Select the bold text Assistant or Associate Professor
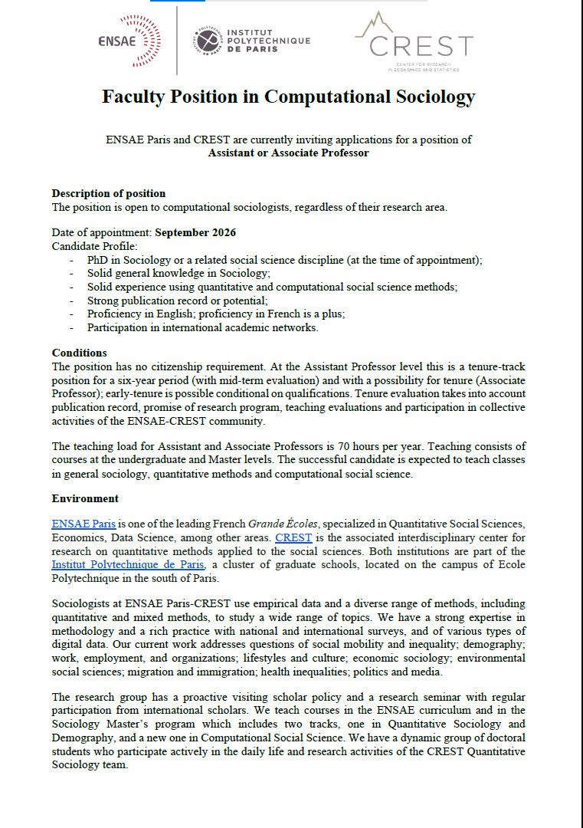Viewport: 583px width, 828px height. (289, 153)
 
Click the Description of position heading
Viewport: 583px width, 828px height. (108, 193)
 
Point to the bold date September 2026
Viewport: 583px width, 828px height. (195, 232)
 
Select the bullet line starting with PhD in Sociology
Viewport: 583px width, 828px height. (284, 260)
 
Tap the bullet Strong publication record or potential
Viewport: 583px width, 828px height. (177, 301)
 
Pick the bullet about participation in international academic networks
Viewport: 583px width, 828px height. (202, 327)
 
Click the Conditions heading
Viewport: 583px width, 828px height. (79, 353)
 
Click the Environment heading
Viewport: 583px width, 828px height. (85, 498)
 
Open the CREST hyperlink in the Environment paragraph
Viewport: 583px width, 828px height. (293, 537)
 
